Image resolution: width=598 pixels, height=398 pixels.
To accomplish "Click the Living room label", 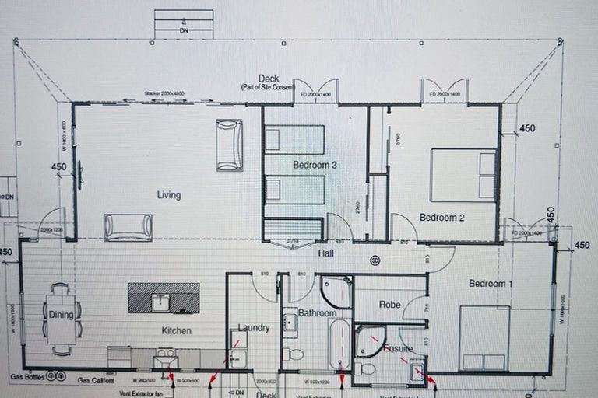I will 168,195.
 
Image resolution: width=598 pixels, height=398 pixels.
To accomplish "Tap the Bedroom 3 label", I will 315,165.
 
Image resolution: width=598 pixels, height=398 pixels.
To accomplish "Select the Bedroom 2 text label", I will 441,218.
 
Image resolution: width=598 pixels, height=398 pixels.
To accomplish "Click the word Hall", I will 326,253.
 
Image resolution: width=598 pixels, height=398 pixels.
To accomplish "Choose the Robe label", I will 389,305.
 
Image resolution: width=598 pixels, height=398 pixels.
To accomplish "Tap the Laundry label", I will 254,328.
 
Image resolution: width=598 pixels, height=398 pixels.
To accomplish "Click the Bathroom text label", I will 317,313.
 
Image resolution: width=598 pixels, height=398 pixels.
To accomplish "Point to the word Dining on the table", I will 61,316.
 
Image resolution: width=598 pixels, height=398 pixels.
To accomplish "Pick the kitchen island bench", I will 164,298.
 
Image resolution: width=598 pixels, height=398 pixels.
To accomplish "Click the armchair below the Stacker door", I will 229,145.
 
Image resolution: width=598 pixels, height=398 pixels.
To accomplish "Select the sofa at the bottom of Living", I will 128,226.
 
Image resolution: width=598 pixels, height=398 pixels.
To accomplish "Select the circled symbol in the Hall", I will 375,260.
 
